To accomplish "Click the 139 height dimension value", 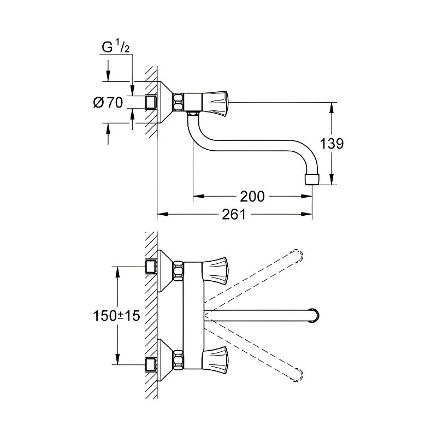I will [332, 144].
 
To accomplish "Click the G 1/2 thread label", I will [115, 48].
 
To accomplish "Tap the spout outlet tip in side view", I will [310, 179].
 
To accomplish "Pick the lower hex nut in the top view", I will [179, 361].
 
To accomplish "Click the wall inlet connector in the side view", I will [151, 102].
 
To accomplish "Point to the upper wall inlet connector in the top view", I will [151, 267].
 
